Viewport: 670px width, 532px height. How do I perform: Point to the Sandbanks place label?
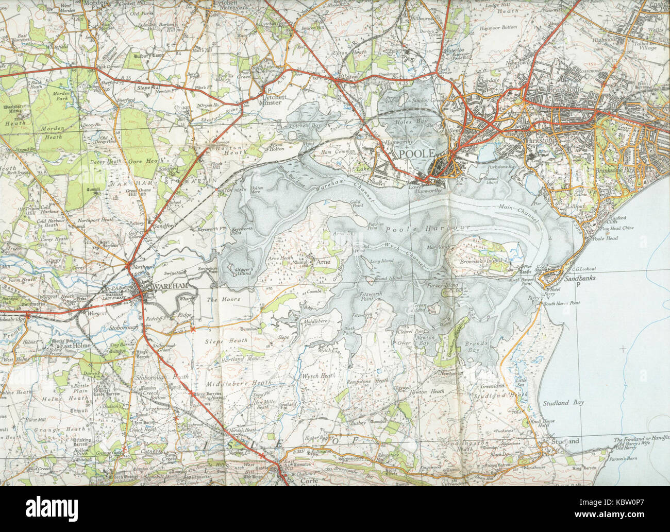coord(566,277)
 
